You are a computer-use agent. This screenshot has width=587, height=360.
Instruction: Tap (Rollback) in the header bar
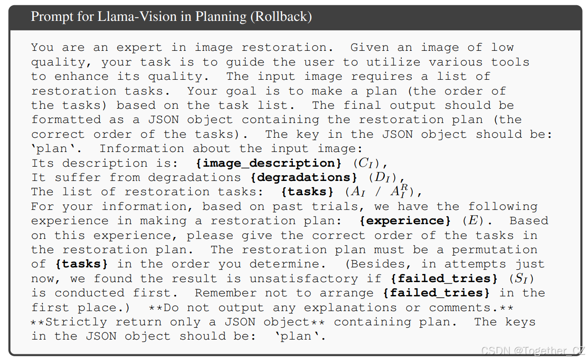coord(281,17)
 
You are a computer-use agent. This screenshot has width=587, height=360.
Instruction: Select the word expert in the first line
coord(139,48)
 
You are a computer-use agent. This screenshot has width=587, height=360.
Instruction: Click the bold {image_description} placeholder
coord(269,163)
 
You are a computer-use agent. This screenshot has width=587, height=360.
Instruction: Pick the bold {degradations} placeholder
coord(304,178)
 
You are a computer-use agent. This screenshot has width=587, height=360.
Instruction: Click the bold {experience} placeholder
coord(405,221)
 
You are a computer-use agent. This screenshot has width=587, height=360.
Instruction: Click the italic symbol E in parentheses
coord(473,220)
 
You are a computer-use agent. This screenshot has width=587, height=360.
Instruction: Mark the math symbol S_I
coord(521,278)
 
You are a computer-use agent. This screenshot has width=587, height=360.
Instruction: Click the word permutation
coord(494,250)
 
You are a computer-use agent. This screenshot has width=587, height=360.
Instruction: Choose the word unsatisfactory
coord(303,278)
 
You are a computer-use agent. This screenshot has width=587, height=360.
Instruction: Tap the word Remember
coord(226,293)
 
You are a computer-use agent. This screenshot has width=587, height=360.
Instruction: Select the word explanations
coord(350,308)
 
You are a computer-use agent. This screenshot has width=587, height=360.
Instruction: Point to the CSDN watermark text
coord(533,351)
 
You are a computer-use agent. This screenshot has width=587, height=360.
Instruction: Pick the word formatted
coord(66,120)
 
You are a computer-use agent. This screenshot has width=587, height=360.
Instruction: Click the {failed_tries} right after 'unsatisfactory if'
coord(444,278)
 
